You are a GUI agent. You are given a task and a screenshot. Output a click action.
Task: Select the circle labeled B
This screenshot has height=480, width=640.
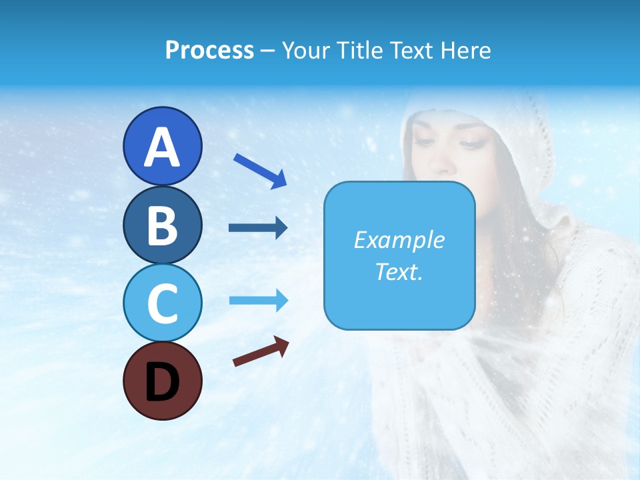(162, 225)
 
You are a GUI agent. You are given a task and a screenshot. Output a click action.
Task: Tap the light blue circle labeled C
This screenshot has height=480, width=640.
(162, 303)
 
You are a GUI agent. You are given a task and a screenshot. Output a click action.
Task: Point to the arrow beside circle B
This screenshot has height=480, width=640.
(258, 228)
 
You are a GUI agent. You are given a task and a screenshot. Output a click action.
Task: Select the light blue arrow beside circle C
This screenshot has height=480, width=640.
(258, 301)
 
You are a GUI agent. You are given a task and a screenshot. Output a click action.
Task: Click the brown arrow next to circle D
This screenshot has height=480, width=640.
(261, 351)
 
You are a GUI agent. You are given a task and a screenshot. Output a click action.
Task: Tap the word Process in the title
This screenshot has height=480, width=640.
(209, 51)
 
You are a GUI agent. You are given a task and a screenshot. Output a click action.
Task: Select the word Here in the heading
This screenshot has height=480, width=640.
(467, 51)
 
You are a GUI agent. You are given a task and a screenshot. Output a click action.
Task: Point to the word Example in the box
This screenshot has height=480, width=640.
(399, 240)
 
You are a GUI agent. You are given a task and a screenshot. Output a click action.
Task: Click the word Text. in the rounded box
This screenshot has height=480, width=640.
(399, 272)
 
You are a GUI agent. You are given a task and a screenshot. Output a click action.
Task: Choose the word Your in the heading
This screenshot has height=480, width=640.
(303, 51)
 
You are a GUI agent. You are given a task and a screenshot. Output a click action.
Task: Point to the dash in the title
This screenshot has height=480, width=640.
(267, 51)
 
